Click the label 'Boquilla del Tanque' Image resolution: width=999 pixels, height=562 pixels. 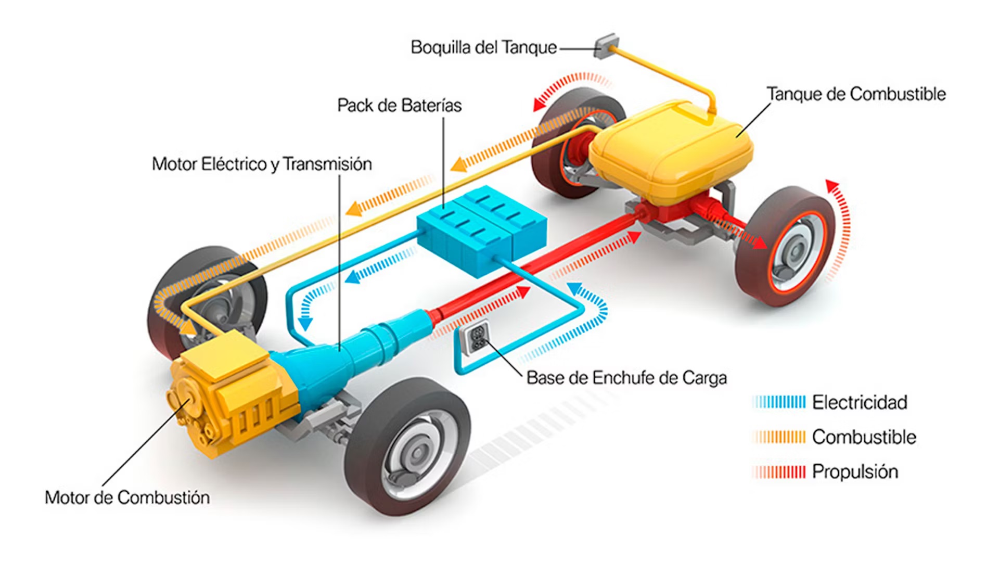483,47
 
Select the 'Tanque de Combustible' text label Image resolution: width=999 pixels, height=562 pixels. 856,94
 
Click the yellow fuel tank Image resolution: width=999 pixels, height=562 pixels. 671,148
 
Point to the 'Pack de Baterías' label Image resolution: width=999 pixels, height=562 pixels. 399,106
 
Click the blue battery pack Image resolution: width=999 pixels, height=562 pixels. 481,229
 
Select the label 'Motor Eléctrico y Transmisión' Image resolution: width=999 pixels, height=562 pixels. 262,164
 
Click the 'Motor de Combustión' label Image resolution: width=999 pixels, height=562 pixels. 127,497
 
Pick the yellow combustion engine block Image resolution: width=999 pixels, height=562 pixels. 234,395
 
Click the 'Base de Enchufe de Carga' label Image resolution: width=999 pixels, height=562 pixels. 626,378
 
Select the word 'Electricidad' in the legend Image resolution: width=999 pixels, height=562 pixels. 860,402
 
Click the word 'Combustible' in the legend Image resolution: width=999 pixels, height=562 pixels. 864,437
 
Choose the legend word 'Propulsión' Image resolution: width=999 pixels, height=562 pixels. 855,471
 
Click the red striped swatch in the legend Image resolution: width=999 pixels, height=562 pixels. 779,472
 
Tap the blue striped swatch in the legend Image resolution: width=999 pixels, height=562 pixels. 779,402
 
